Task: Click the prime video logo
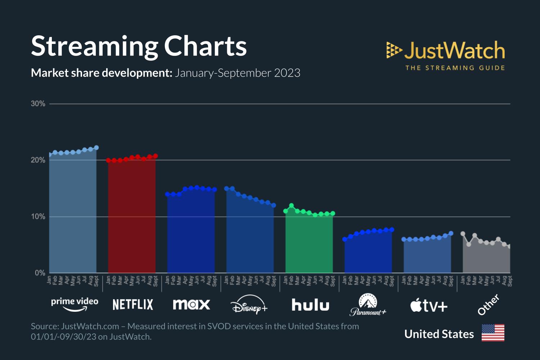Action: [75, 304]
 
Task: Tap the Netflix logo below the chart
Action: [133, 305]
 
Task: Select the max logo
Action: [191, 305]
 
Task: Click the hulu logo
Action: [310, 305]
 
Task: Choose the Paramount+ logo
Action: [368, 305]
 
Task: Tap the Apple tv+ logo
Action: [429, 306]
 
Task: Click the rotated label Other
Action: [488, 305]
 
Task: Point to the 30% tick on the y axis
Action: [38, 104]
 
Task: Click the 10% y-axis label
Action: [38, 217]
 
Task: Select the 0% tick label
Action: [40, 273]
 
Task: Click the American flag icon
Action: [493, 333]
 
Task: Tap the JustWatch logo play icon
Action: [393, 50]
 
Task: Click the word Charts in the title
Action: [206, 46]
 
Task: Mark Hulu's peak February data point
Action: [292, 206]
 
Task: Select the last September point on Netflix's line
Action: [156, 156]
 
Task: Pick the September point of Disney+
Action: [274, 205]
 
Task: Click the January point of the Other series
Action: [463, 234]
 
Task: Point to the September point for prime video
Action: [96, 148]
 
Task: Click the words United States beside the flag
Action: [439, 334]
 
